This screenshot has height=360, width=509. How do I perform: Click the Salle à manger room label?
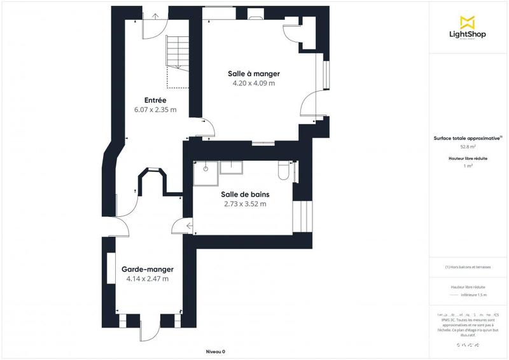254,74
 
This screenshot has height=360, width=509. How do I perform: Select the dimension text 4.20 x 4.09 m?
254,83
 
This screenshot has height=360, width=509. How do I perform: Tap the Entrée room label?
155,100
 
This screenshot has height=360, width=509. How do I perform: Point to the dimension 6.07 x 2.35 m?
155,110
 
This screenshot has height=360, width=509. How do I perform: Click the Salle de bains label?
245,195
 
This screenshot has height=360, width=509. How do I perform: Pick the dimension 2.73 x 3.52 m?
245,204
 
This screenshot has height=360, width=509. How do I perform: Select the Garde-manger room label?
147,269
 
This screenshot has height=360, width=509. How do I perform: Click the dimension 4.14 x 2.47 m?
147,279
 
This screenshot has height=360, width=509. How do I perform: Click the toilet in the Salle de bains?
284,170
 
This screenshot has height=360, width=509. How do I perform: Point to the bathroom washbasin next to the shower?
230,167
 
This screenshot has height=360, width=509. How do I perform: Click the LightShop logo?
468,28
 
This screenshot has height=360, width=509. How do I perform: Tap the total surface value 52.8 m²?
468,147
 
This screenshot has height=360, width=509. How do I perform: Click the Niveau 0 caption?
216,351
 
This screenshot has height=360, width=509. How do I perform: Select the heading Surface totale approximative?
468,137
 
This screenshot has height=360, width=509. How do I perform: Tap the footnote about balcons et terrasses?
468,267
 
